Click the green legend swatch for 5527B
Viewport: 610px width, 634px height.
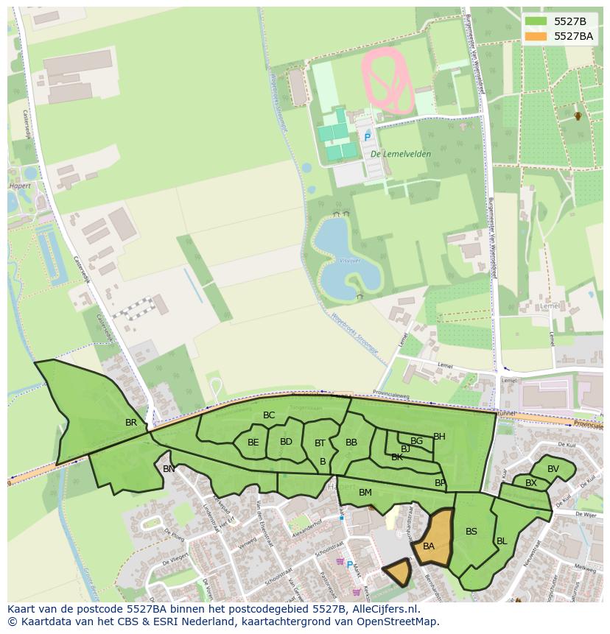[536, 21]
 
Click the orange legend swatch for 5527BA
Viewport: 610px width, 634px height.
[536, 36]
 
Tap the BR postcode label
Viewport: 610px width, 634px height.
[131, 423]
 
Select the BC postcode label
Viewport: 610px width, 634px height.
[269, 415]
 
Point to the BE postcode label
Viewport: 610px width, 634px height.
[253, 443]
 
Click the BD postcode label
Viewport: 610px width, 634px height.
[286, 442]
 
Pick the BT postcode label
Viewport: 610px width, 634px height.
[320, 443]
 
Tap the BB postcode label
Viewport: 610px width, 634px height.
[351, 443]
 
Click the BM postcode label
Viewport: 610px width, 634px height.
[365, 492]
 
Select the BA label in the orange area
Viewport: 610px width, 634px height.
[429, 546]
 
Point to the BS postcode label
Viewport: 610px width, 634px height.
[471, 532]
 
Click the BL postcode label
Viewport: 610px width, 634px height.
[502, 541]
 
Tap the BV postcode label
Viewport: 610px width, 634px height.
[553, 469]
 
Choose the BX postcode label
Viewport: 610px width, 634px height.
[531, 483]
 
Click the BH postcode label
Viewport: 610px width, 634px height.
[439, 437]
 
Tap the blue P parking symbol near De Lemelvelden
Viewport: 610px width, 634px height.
[367, 137]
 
